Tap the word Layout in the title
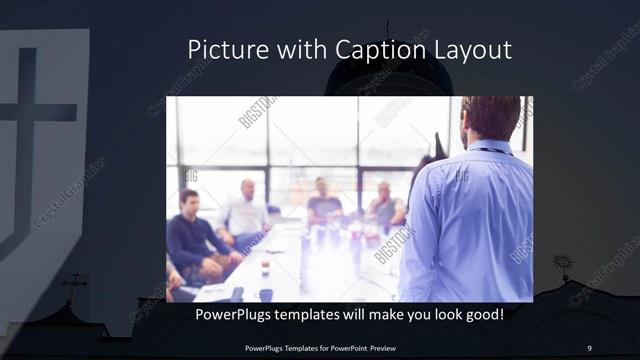click(x=473, y=49)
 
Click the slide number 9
click(x=588, y=348)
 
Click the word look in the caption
click(x=444, y=316)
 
